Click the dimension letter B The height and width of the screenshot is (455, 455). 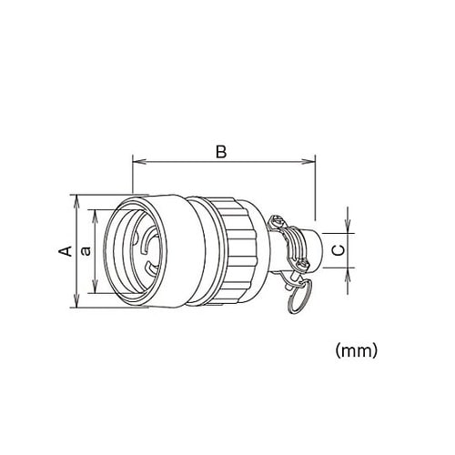220,151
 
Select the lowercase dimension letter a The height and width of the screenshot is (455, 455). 85,250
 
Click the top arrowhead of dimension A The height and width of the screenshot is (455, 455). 76,198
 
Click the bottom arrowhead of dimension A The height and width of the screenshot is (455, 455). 76,304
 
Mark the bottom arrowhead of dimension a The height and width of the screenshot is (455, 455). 95,291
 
